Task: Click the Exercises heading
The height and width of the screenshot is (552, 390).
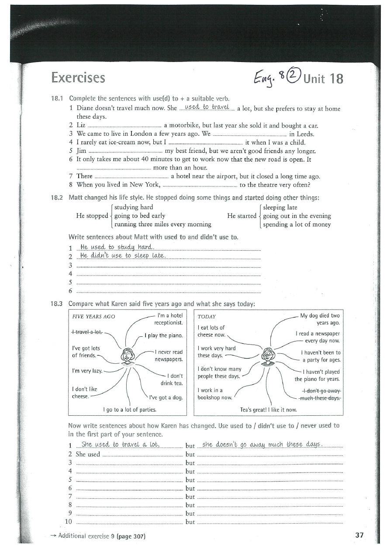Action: (x=78, y=78)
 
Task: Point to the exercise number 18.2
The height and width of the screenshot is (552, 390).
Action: (x=58, y=197)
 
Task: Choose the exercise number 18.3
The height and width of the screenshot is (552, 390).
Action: (x=58, y=304)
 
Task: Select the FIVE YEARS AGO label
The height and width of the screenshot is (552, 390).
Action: (x=93, y=316)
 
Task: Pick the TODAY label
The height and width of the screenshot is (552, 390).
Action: (x=207, y=316)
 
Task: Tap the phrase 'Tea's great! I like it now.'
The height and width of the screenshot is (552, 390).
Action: (x=269, y=410)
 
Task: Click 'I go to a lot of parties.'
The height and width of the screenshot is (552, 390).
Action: (x=130, y=410)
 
